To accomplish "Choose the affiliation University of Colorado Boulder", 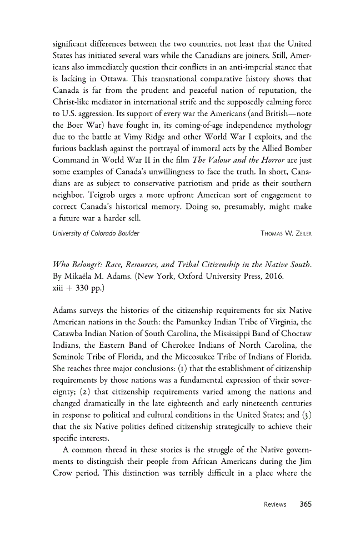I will (x=96, y=233).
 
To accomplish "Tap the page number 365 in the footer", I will (x=305, y=504).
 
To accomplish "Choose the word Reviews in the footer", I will (x=275, y=504).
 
